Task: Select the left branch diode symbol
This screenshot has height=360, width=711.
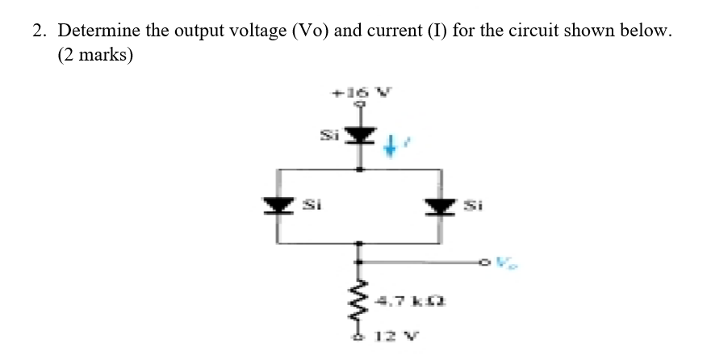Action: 278,206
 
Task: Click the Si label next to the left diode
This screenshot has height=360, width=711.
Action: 308,206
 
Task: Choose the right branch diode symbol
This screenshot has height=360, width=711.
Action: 441,206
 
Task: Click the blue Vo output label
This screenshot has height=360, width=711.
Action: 506,262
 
